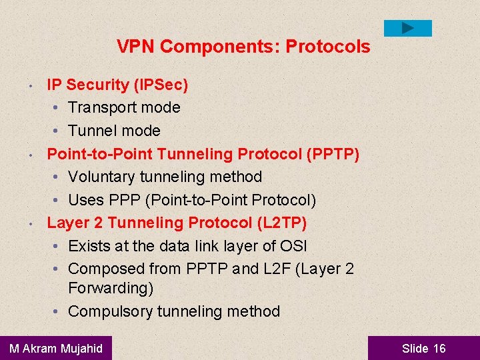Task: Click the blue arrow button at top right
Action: pyautogui.click(x=408, y=28)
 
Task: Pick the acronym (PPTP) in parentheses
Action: pyautogui.click(x=333, y=154)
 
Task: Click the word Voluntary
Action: pyautogui.click(x=102, y=177)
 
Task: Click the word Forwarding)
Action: pyautogui.click(x=111, y=288)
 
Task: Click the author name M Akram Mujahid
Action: pyautogui.click(x=56, y=348)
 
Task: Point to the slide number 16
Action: pyautogui.click(x=439, y=348)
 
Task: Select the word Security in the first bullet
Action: pyautogui.click(x=97, y=85)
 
